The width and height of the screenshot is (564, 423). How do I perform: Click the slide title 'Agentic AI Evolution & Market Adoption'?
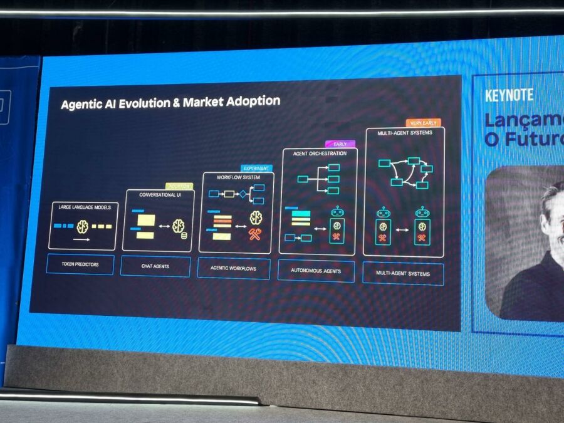click(x=170, y=102)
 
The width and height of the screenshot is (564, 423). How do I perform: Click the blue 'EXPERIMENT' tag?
click(x=256, y=169)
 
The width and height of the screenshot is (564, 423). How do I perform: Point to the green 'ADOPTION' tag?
click(x=179, y=186)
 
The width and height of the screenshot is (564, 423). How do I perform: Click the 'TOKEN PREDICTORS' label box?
click(x=80, y=264)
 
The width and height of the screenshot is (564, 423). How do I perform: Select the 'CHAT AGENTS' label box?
click(x=155, y=266)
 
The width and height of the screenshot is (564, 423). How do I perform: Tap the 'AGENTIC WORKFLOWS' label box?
click(x=234, y=268)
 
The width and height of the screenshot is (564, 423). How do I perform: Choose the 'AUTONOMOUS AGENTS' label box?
click(x=316, y=271)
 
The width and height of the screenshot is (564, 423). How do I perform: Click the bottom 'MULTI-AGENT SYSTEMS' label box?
click(x=403, y=273)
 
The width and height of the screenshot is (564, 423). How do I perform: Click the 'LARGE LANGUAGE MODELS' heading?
click(x=84, y=207)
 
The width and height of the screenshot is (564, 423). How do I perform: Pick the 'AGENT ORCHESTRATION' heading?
click(x=319, y=154)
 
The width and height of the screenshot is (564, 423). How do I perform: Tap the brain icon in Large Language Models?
click(x=82, y=226)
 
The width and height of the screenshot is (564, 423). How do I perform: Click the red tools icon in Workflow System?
click(x=255, y=234)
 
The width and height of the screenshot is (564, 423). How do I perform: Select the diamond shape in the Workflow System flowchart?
click(x=242, y=194)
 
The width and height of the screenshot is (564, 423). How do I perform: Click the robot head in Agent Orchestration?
click(x=337, y=212)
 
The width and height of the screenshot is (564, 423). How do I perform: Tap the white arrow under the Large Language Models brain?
click(x=82, y=239)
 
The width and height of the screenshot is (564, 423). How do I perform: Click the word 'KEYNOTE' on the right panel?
click(x=509, y=95)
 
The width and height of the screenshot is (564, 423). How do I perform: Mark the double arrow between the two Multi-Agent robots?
click(x=402, y=231)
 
